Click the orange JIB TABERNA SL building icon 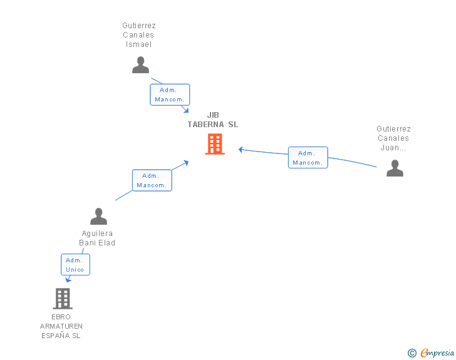pyautogui.click(x=215, y=144)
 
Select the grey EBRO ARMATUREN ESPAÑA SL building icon pyautogui.click(x=63, y=299)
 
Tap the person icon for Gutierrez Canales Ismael pyautogui.click(x=140, y=65)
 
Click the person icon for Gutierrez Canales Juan pyautogui.click(x=395, y=168)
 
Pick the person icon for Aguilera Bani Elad pyautogui.click(x=98, y=217)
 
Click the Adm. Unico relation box pyautogui.click(x=75, y=264)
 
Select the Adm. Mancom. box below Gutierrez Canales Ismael pyautogui.click(x=170, y=95)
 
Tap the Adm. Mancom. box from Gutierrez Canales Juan pyautogui.click(x=308, y=158)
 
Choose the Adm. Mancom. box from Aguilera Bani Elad pyautogui.click(x=152, y=180)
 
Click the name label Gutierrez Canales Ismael pyautogui.click(x=139, y=35)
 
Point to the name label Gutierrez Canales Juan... pyautogui.click(x=394, y=138)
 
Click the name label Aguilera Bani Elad pyautogui.click(x=97, y=238)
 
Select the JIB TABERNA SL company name pyautogui.click(x=213, y=120)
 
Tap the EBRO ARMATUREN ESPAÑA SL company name pyautogui.click(x=61, y=326)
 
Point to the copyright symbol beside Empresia pyautogui.click(x=412, y=354)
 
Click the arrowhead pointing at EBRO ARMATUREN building pyautogui.click(x=68, y=280)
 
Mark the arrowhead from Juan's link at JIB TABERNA pyautogui.click(x=241, y=149)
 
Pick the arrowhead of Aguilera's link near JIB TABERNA pyautogui.click(x=186, y=163)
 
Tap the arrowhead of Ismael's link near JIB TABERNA pyautogui.click(x=186, y=110)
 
